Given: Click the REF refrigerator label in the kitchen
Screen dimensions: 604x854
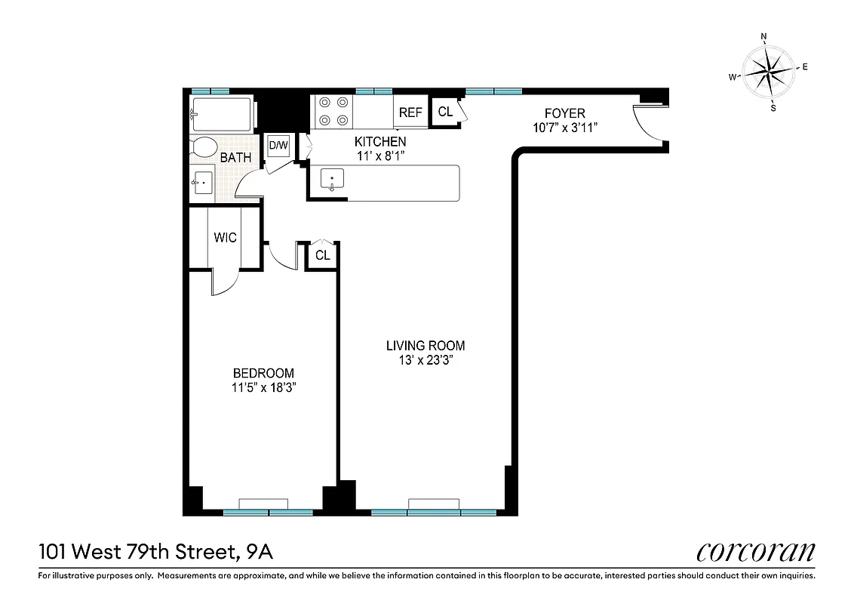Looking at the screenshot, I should [x=410, y=112].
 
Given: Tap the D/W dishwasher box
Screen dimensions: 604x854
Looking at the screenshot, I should [x=278, y=145].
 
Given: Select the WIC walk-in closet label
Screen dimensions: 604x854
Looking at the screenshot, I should [x=225, y=238].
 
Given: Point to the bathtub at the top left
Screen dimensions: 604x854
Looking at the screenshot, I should [x=222, y=114].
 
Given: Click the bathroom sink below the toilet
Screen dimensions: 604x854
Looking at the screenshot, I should [x=203, y=183].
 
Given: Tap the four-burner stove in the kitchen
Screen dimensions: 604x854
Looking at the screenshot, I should [x=333, y=110].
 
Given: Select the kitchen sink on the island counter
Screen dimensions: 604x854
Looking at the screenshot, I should [x=333, y=180].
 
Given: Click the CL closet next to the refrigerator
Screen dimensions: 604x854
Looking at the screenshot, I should [x=445, y=112].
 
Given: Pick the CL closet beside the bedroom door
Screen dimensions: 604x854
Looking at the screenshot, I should [x=322, y=255].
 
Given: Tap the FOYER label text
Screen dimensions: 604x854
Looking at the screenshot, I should [x=565, y=114].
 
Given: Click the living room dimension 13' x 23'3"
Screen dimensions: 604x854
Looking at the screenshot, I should [x=425, y=360].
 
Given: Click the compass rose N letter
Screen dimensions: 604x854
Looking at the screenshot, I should [x=763, y=36].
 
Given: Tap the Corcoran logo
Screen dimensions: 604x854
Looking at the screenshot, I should [x=755, y=551].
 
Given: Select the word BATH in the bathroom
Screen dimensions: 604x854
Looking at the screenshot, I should [x=235, y=158].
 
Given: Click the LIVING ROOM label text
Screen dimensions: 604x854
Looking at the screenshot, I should [x=425, y=346].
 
